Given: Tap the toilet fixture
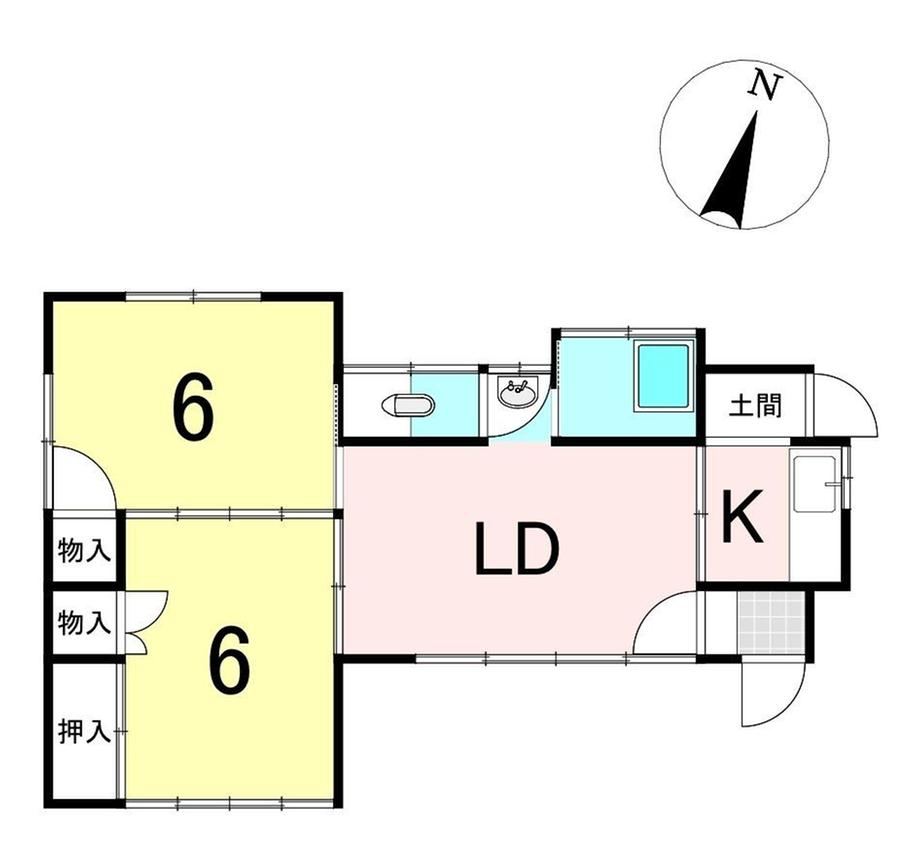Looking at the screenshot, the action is point(408,405).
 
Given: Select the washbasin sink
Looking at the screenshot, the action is point(517,391).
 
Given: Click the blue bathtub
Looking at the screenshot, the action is point(663,378).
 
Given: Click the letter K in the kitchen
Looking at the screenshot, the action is point(742,516).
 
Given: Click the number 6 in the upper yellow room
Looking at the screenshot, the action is point(193,409).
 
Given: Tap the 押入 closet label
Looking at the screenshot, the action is point(84,732).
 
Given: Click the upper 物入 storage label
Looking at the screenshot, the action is point(84,551).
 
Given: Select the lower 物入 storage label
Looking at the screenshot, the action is point(84,622).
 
